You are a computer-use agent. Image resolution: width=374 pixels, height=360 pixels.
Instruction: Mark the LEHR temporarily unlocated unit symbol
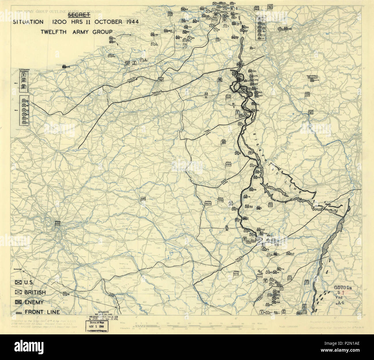312,81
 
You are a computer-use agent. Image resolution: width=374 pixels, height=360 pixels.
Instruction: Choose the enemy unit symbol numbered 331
152,35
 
